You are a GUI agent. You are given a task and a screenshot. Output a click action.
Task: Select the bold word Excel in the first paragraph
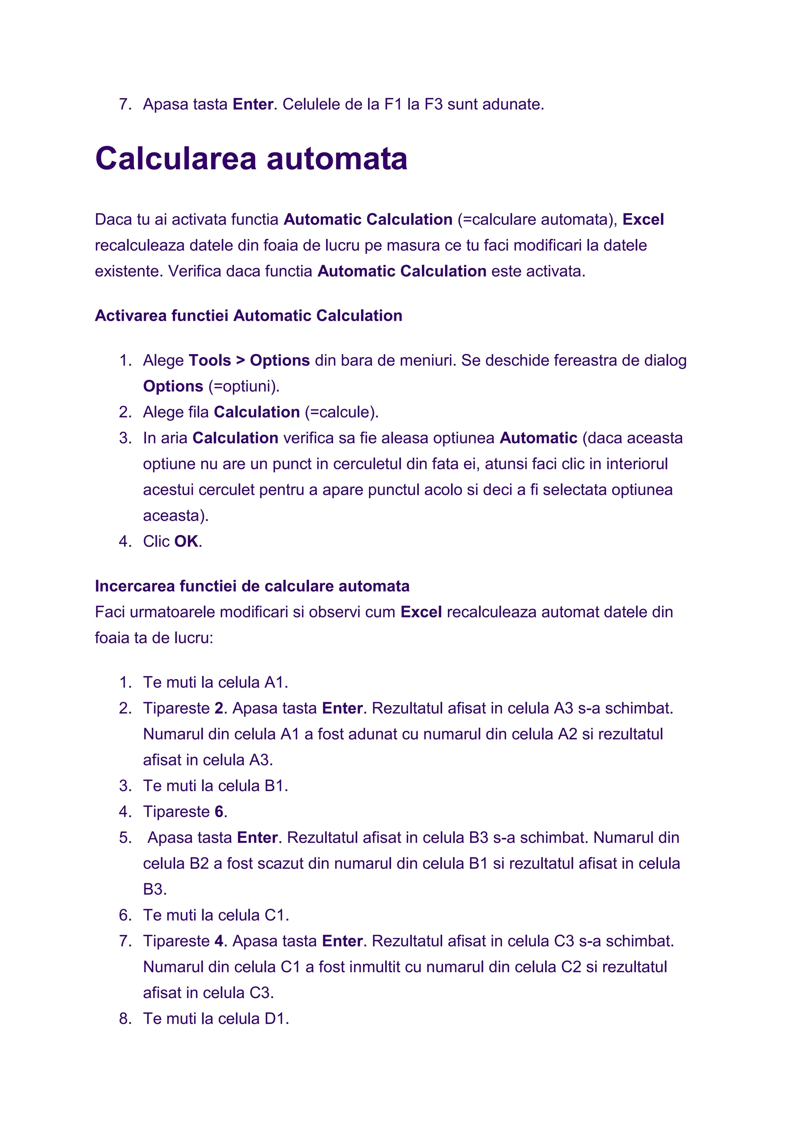[643, 219]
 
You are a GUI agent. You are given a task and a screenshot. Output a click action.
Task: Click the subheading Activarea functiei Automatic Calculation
[248, 316]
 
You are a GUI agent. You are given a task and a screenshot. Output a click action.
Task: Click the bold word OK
[186, 541]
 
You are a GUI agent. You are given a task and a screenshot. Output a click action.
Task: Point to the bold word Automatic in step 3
[538, 438]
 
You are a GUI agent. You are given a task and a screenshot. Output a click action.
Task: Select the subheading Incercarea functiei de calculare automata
[252, 586]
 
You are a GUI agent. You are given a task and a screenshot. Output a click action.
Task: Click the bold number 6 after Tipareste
[219, 811]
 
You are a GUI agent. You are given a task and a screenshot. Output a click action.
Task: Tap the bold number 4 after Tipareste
[219, 941]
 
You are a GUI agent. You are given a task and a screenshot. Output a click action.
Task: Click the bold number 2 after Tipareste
[219, 708]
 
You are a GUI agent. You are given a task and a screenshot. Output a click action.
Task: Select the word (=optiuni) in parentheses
[243, 386]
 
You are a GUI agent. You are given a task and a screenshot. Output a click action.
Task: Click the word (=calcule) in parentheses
[341, 412]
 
